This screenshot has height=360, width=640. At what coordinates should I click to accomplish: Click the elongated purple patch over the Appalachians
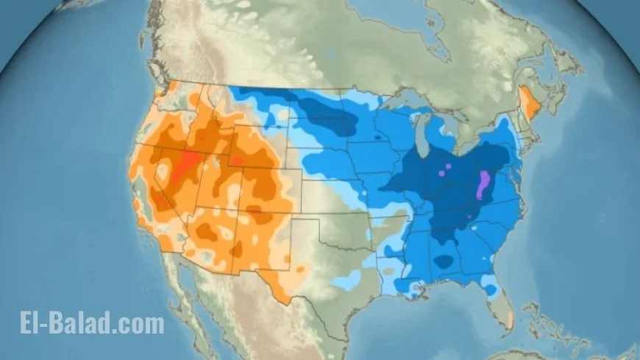tap(483, 185)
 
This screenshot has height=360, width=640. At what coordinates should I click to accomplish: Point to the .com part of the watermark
tap(139, 322)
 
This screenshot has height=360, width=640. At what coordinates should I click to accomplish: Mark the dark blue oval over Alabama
tap(444, 261)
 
